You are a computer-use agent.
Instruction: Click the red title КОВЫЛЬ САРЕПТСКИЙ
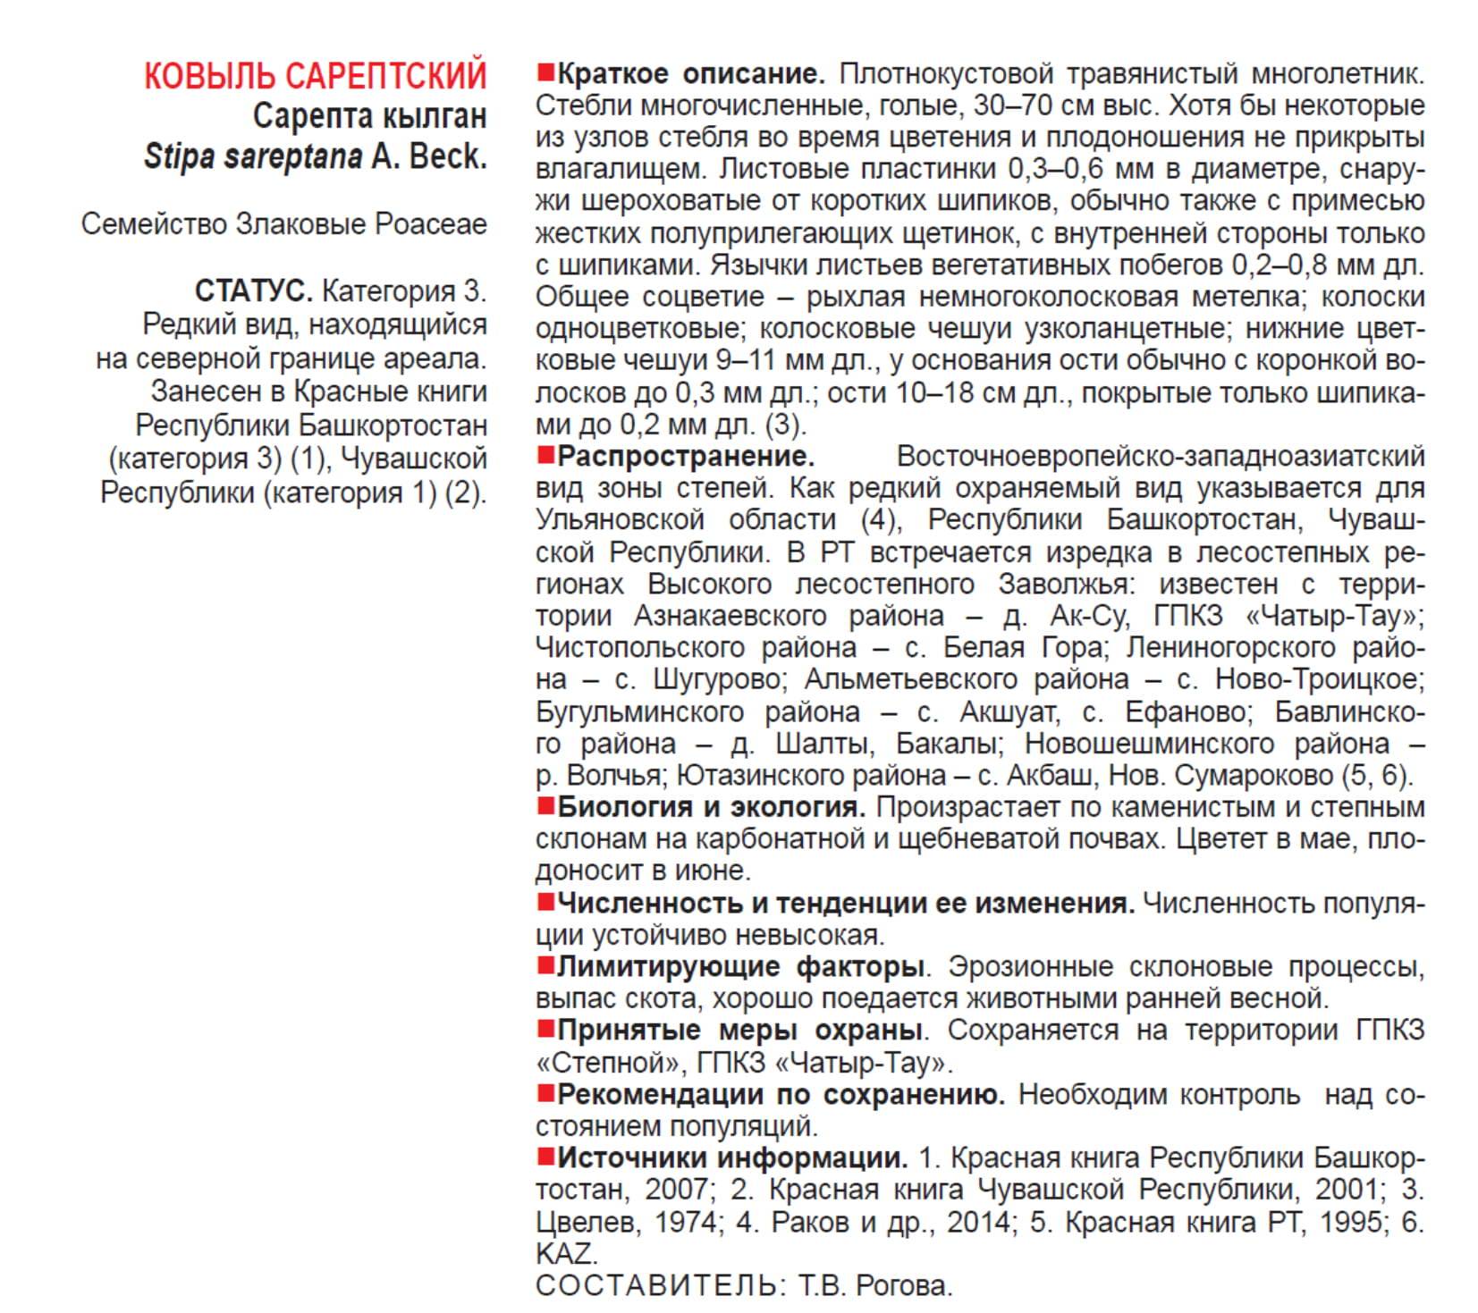[x=315, y=76]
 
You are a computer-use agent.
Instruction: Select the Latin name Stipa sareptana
[x=253, y=156]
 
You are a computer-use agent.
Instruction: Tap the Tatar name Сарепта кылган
[x=369, y=116]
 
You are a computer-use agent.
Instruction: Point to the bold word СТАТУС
[x=253, y=291]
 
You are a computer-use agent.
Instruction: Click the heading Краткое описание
[x=690, y=73]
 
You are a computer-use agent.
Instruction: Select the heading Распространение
[x=686, y=457]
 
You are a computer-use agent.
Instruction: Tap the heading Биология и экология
[x=711, y=807]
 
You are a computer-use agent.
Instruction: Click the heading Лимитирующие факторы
[x=739, y=967]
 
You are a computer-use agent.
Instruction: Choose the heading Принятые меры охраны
[x=739, y=1031]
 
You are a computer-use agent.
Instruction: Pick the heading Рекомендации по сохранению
[x=781, y=1095]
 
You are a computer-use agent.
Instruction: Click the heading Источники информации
[x=732, y=1158]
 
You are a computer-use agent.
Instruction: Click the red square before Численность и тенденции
[x=545, y=902]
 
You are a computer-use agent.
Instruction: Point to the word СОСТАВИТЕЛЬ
[x=655, y=1286]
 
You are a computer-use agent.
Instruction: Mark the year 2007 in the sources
[x=677, y=1191]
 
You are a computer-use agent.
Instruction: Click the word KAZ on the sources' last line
[x=564, y=1254]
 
